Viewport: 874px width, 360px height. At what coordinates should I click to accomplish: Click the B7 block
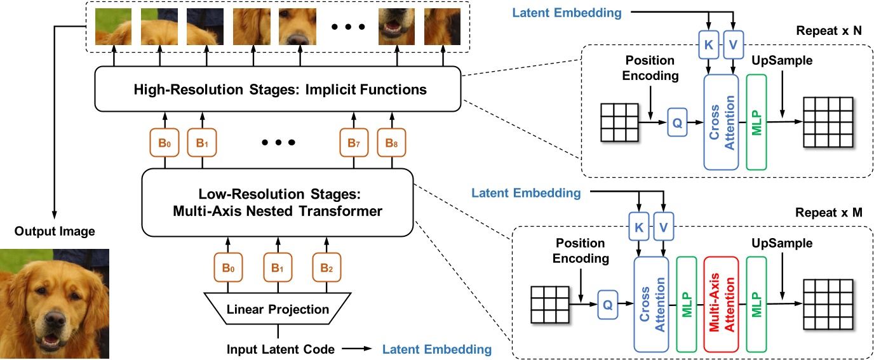(x=353, y=143)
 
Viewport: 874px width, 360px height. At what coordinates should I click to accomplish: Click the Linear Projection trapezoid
(x=278, y=309)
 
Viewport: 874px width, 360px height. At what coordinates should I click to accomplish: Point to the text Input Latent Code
(x=280, y=349)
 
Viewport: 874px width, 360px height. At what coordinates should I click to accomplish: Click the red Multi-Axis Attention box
(x=721, y=304)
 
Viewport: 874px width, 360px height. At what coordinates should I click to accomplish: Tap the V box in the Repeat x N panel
(x=734, y=44)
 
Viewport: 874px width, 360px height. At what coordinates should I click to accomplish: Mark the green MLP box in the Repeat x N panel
(x=756, y=122)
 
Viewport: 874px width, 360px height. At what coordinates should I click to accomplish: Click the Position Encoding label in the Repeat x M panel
(x=582, y=251)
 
